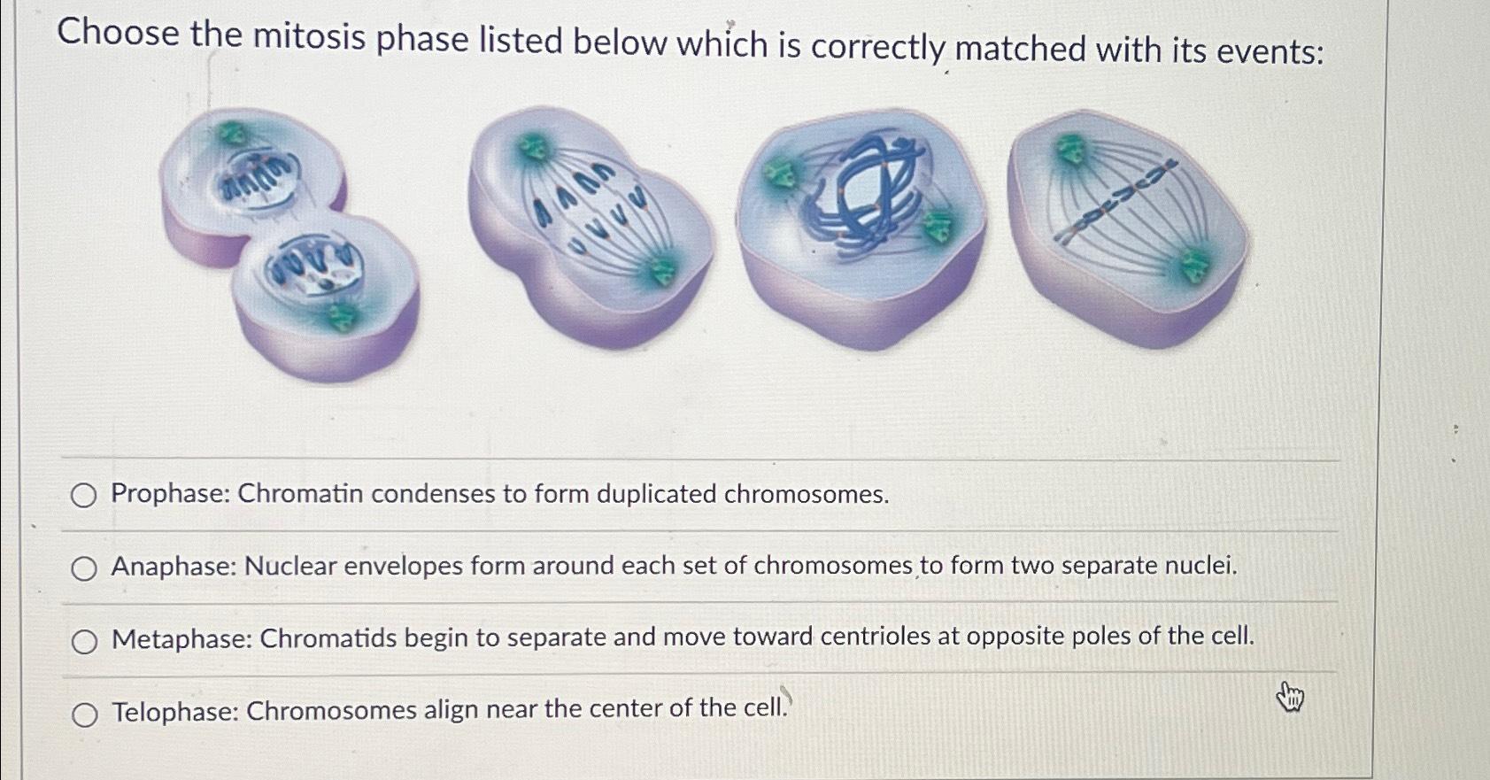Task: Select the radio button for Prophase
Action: click(84, 496)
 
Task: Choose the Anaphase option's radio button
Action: click(84, 568)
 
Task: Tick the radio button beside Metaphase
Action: click(84, 642)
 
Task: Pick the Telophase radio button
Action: click(85, 714)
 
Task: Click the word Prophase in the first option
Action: click(170, 493)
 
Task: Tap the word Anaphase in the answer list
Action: click(175, 566)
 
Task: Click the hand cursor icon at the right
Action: click(1291, 696)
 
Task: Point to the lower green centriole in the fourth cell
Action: click(1195, 267)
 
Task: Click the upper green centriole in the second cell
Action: click(532, 146)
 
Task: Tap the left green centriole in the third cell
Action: click(777, 174)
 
